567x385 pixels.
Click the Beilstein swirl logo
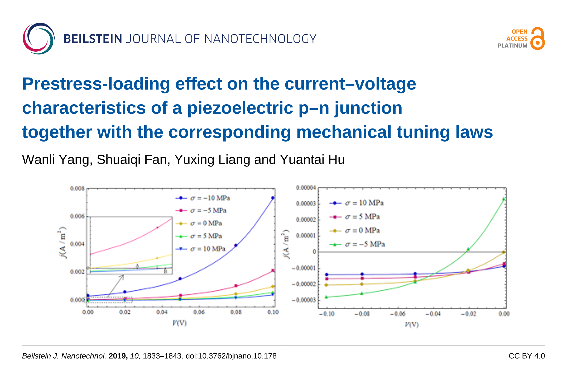[x=39, y=38]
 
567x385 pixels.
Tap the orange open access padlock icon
[x=537, y=38]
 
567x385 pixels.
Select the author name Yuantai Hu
[x=312, y=160]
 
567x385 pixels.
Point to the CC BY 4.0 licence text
[x=526, y=356]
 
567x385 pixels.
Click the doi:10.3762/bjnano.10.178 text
[x=231, y=356]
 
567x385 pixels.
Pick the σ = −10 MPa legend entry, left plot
[x=203, y=198]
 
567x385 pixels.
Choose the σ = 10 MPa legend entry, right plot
[x=357, y=203]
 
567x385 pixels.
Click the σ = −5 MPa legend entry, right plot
[x=358, y=244]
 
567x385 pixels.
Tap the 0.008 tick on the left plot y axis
[x=77, y=189]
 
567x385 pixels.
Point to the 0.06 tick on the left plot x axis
[x=199, y=312]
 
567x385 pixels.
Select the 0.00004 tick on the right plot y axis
[x=306, y=188]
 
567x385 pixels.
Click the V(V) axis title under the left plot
[x=179, y=323]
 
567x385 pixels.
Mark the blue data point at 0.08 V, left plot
[x=236, y=245]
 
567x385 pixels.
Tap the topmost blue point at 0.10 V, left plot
[x=273, y=198]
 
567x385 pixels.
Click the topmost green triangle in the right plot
[x=504, y=199]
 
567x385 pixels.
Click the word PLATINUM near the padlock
[x=512, y=46]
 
